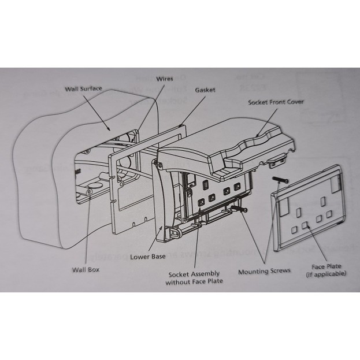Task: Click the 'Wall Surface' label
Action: point(83,88)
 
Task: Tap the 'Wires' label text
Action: point(165,79)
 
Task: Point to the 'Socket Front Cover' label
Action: point(276,102)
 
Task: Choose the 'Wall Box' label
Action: point(86,269)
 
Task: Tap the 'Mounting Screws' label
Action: point(264,270)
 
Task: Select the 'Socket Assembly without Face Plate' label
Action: point(194,277)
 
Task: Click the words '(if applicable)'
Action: point(326,273)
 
